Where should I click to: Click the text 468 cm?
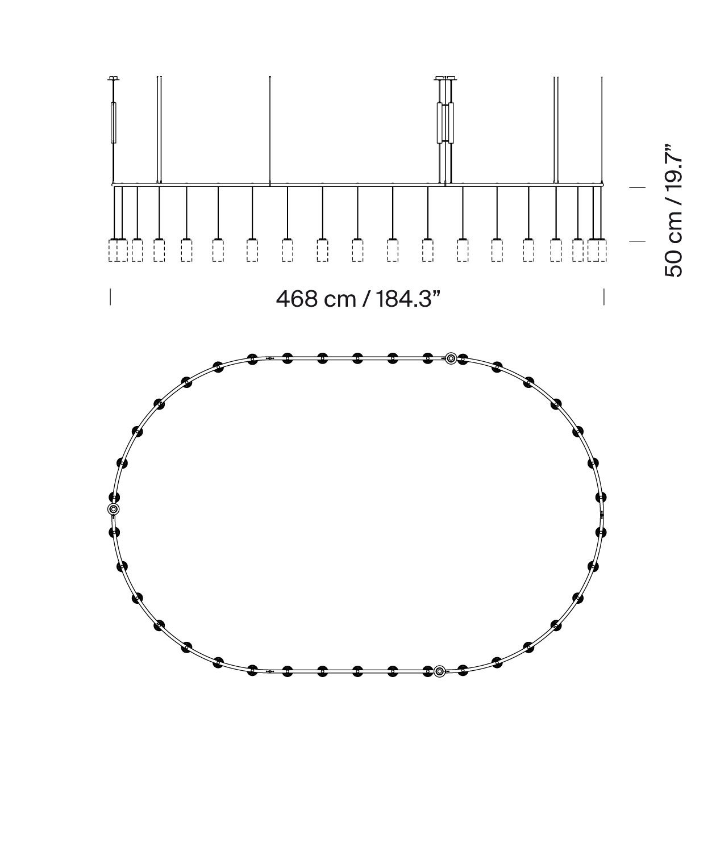click(x=316, y=299)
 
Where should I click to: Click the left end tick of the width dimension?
click(x=110, y=296)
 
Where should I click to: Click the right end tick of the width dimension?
click(x=603, y=296)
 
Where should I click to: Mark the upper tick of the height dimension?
click(x=637, y=187)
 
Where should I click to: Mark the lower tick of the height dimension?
click(x=637, y=241)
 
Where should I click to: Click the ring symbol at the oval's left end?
click(x=113, y=509)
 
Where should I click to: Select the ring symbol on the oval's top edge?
click(x=451, y=358)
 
